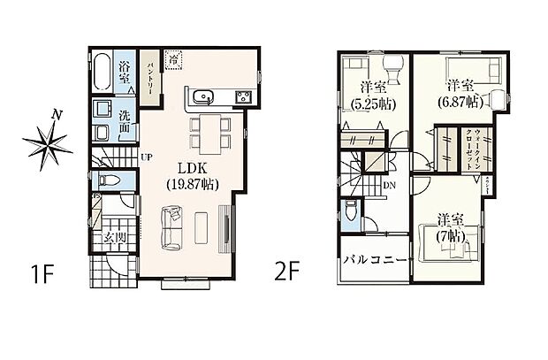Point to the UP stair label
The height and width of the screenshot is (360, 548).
(x=144, y=157)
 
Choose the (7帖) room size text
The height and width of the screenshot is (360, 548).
(x=448, y=237)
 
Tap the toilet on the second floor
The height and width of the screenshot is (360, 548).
(x=349, y=212)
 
